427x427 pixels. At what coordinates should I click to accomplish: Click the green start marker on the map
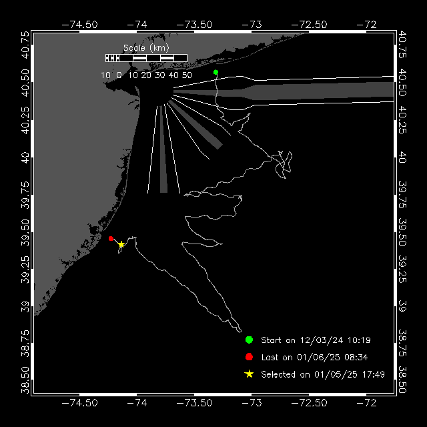coord(216,72)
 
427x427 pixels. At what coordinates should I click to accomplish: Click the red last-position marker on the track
coord(111,238)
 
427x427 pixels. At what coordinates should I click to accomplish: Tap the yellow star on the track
coord(121,244)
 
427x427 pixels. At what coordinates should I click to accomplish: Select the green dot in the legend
coord(249,340)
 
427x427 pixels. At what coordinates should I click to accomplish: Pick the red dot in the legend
coord(249,357)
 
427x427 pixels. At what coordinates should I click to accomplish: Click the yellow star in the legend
coord(249,374)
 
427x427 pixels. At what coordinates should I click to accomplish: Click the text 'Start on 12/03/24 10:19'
coord(316,340)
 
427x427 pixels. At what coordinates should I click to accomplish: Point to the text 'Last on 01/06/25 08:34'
coord(314,358)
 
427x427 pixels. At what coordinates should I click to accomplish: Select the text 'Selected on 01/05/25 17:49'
coord(323,375)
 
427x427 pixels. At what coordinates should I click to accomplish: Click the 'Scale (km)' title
coord(146,48)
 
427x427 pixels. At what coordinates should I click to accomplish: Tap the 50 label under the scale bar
coord(187,75)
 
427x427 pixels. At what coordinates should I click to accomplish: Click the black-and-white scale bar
coord(146,58)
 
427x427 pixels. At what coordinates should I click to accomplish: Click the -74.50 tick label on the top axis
coord(79,24)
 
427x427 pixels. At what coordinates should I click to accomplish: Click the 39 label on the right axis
coord(402,308)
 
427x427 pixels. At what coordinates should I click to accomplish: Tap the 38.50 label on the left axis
coord(24,381)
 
